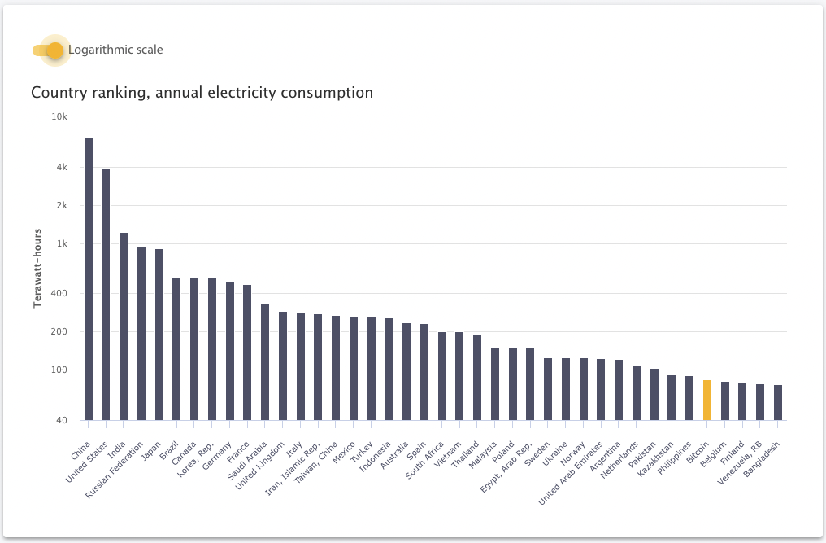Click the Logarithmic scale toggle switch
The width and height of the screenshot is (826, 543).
(x=48, y=50)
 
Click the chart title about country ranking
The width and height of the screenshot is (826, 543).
(x=202, y=93)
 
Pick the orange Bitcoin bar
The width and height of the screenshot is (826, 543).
(x=707, y=401)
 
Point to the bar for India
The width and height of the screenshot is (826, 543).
(x=124, y=326)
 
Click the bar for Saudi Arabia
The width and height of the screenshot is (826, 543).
(x=265, y=362)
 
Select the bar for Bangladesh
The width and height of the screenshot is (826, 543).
(x=778, y=403)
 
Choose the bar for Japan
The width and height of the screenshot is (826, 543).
(x=159, y=335)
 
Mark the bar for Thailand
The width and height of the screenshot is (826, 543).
(x=477, y=378)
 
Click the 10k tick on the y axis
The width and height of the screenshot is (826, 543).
(x=59, y=116)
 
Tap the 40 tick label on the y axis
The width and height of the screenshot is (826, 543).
(x=61, y=420)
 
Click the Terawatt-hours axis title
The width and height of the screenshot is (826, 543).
(x=37, y=268)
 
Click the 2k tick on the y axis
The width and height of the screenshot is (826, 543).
(x=60, y=205)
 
